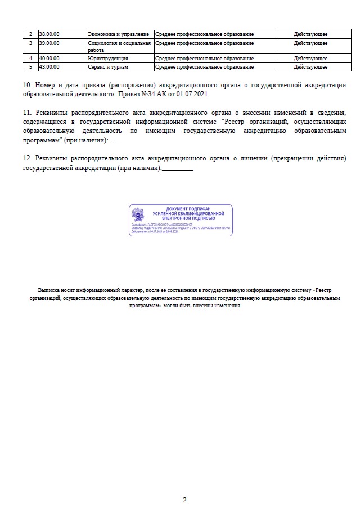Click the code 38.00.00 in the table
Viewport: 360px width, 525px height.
(x=49, y=34)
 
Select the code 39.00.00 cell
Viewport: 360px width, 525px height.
(x=49, y=43)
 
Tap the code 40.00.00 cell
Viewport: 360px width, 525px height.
(x=49, y=59)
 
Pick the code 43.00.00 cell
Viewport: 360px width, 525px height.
(x=49, y=67)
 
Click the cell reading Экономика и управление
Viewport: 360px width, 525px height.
(x=119, y=34)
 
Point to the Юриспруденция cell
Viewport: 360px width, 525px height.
(x=108, y=59)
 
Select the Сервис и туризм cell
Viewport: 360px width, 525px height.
(x=109, y=67)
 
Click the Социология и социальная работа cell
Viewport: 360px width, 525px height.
(x=119, y=46)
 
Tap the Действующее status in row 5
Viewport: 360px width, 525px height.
(x=310, y=67)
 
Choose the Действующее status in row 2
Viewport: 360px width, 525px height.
(x=310, y=34)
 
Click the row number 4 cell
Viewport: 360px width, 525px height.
(x=30, y=59)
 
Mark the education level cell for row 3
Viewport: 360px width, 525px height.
(x=205, y=43)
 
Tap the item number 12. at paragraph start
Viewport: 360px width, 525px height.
(x=29, y=159)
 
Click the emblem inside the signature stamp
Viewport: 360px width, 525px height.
(x=138, y=214)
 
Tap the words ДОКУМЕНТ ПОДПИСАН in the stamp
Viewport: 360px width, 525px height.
(x=188, y=209)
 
